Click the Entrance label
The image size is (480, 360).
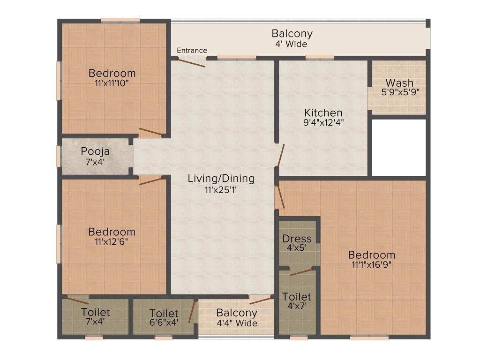click(x=192, y=51)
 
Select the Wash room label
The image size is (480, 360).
click(x=399, y=83)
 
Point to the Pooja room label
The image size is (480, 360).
click(x=95, y=151)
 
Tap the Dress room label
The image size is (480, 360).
click(x=297, y=239)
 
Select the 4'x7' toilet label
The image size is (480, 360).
click(x=297, y=297)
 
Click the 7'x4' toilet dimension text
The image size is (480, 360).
click(x=96, y=322)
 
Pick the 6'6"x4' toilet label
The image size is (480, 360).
click(x=164, y=313)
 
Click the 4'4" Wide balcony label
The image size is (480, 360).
click(x=237, y=323)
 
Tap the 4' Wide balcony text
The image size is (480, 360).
click(x=292, y=44)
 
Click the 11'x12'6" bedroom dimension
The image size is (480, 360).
click(x=112, y=241)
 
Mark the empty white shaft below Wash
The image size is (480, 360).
click(x=398, y=148)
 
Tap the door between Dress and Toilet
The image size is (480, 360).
click(x=301, y=272)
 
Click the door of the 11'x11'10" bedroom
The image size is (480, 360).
click(x=150, y=132)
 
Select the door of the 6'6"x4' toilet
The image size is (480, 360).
click(x=192, y=312)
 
